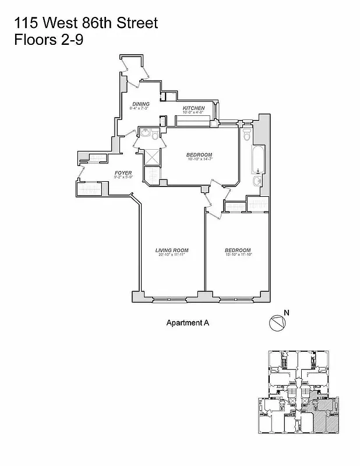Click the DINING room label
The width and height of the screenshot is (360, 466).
click(141, 104)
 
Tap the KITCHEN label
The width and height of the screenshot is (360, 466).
click(193, 108)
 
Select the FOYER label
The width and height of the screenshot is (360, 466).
click(123, 173)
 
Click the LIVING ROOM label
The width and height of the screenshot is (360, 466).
click(171, 250)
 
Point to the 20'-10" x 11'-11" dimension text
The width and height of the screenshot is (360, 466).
click(171, 255)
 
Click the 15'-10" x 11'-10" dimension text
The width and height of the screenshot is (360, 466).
click(238, 255)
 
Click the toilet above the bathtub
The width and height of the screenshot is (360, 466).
click(247, 135)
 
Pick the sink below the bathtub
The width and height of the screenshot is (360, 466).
click(257, 182)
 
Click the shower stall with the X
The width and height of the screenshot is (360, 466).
click(151, 157)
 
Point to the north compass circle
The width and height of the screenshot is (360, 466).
click(277, 323)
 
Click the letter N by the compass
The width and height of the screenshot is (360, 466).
click(285, 312)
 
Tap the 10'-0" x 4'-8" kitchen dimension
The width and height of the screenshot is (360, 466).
click(193, 113)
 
